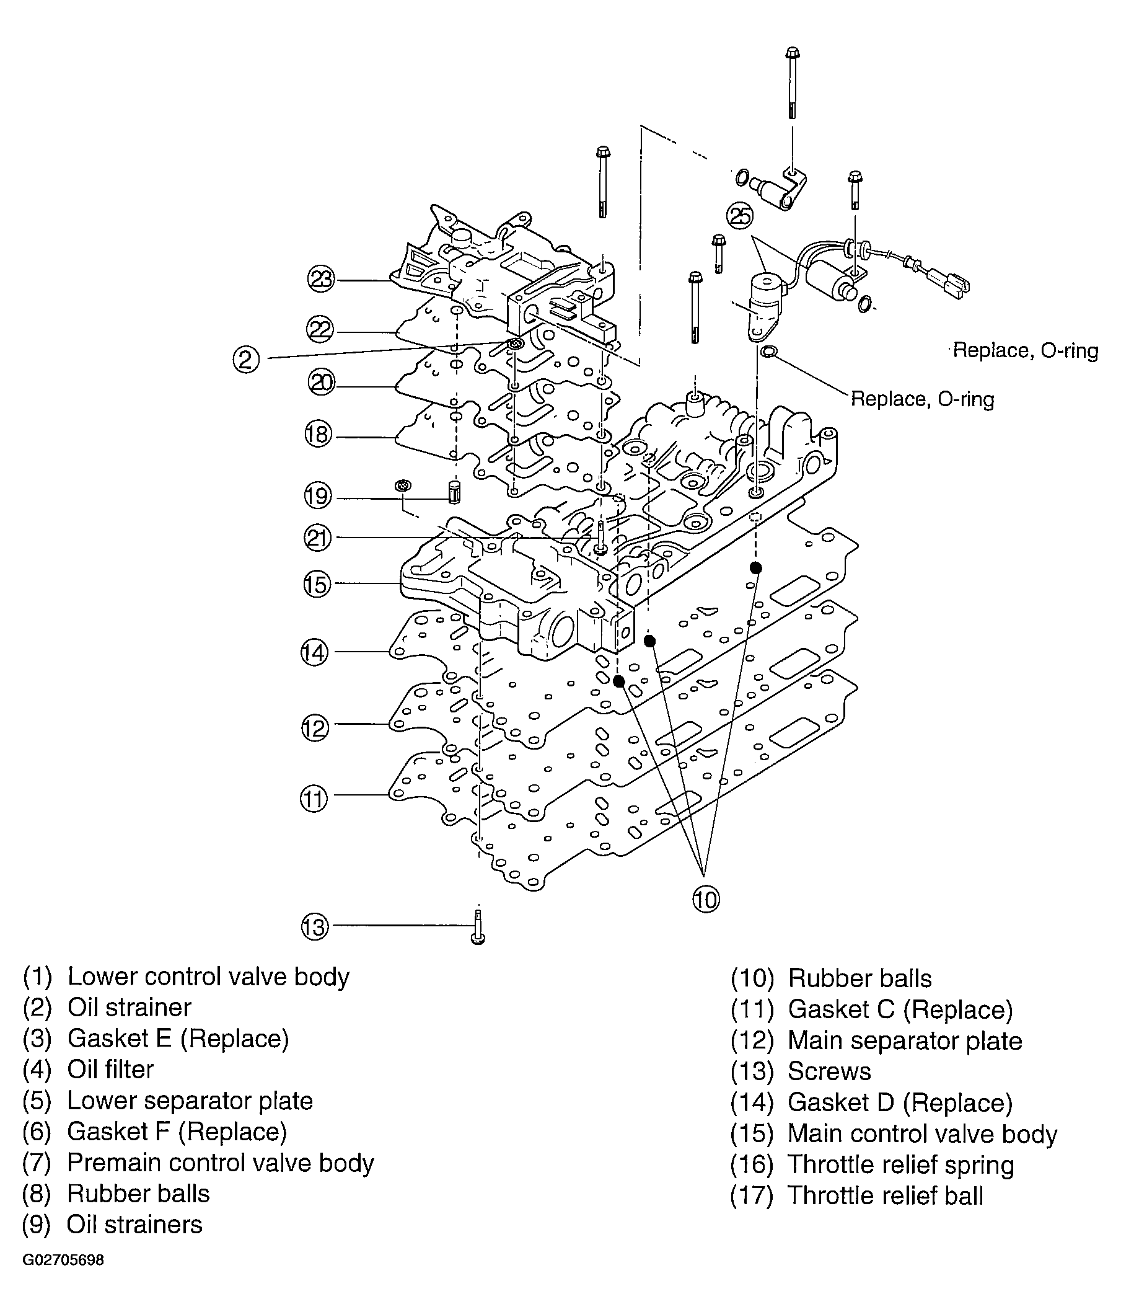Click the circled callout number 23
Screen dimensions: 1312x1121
click(x=321, y=279)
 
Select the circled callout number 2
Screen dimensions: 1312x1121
click(x=246, y=360)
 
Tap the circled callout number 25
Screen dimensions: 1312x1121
click(x=739, y=216)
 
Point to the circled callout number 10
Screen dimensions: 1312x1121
click(x=706, y=900)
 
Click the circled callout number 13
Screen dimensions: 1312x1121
click(x=315, y=928)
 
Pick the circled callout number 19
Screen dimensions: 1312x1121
click(x=318, y=495)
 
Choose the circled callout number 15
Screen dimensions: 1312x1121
click(x=317, y=584)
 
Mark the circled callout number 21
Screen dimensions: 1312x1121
click(x=318, y=538)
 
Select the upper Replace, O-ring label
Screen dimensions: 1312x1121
click(x=1026, y=350)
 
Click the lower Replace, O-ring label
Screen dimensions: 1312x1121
click(x=922, y=399)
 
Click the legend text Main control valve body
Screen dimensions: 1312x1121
click(x=921, y=1134)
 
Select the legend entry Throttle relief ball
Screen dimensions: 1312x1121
click(x=885, y=1196)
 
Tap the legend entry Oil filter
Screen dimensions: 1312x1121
click(x=110, y=1070)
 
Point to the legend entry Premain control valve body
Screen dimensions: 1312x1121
click(x=220, y=1163)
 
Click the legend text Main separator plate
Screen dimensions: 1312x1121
click(x=905, y=1041)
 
